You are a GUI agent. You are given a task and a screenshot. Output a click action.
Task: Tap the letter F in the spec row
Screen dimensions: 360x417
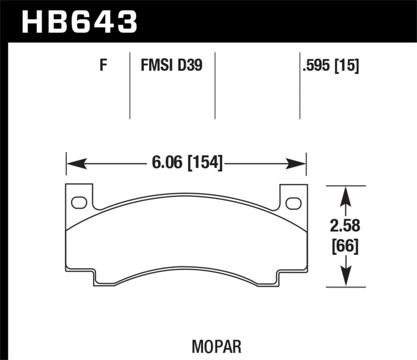point(103,66)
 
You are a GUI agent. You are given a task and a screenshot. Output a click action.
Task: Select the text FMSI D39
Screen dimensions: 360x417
point(171,66)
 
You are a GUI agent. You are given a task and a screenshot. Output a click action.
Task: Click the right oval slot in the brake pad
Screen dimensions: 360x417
point(293,202)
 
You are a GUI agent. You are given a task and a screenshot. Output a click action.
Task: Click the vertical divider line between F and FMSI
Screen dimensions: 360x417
point(129,86)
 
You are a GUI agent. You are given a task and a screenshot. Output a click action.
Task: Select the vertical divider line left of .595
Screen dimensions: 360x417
point(300,86)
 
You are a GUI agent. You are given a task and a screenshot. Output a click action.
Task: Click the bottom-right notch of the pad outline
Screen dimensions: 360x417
point(279,276)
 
